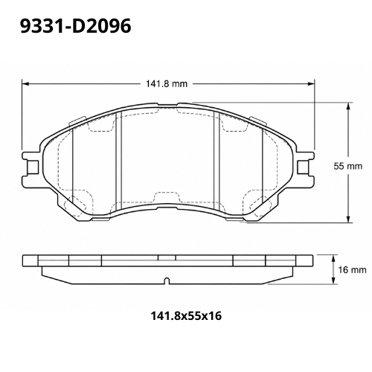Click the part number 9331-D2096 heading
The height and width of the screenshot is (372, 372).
click(x=75, y=27)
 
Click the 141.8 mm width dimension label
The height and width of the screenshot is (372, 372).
click(x=166, y=84)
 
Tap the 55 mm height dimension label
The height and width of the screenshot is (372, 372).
click(x=347, y=166)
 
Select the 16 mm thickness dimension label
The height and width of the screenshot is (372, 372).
click(x=352, y=269)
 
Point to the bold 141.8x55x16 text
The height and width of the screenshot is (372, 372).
click(x=186, y=316)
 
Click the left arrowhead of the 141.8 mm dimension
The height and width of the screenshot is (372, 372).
click(x=26, y=84)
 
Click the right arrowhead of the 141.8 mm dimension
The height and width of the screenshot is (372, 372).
click(x=311, y=84)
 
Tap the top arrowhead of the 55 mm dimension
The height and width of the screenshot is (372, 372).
click(x=348, y=106)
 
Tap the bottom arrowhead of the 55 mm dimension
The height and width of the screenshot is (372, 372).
click(x=348, y=219)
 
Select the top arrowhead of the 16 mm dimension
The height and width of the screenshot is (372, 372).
click(x=334, y=258)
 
